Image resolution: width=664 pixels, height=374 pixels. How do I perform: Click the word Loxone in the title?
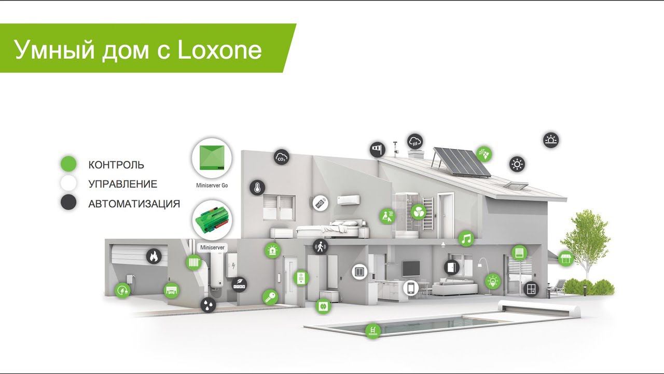tap(219, 49)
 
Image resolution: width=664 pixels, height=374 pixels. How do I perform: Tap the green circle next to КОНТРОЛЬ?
tap(68, 164)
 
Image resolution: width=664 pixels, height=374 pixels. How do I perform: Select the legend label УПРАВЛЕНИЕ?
tap(123, 184)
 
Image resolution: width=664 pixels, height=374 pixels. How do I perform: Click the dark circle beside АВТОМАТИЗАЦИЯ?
tap(68, 202)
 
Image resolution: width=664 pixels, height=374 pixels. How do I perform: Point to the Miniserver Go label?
tap(212, 185)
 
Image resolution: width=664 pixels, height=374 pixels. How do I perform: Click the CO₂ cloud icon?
tap(281, 157)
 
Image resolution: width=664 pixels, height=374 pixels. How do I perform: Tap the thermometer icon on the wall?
tap(257, 188)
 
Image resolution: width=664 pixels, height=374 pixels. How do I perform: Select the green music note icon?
tap(466, 238)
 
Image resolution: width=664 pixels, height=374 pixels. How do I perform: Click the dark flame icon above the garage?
tap(154, 256)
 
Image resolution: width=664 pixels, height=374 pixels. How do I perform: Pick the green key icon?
tap(270, 297)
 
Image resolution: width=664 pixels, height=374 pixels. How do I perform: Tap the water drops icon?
tap(208, 305)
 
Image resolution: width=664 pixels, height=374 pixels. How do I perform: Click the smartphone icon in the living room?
tap(411, 288)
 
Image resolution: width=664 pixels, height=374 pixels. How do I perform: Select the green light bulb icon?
tap(493, 281)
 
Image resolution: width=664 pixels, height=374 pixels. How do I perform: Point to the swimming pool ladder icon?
tap(373, 331)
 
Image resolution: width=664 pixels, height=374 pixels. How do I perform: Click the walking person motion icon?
tap(321, 247)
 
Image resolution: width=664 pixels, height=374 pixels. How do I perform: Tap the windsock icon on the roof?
tap(378, 150)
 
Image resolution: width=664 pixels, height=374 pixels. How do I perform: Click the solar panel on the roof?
tap(462, 163)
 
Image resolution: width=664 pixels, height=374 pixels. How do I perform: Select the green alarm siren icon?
tap(272, 250)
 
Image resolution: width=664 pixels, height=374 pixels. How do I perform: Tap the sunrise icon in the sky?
tap(551, 140)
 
